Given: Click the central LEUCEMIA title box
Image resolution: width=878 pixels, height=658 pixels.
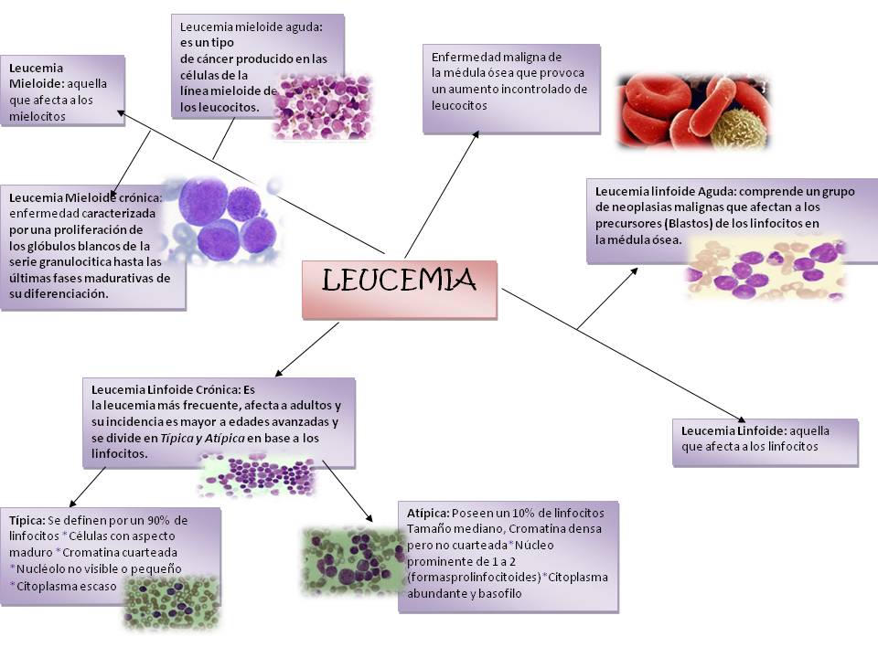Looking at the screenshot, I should (400, 289).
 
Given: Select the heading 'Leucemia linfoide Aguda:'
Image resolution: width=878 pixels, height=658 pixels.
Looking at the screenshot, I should (665, 192).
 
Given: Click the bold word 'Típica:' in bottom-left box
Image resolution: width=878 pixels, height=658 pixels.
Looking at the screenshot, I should (27, 519).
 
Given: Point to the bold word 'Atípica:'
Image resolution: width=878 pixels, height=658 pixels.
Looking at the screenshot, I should (428, 513).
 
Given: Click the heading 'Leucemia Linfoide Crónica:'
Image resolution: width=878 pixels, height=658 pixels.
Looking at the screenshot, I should (166, 388).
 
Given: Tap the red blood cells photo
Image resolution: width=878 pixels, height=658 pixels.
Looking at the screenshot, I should (692, 111).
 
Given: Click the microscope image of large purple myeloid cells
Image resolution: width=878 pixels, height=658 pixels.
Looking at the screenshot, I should (224, 219).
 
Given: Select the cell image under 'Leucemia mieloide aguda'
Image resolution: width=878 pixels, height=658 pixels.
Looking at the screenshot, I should (322, 107).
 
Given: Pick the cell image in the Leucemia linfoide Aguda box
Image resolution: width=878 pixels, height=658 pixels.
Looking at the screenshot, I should (765, 268).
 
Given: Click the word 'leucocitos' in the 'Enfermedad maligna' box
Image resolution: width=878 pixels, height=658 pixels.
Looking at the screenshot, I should (459, 105).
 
